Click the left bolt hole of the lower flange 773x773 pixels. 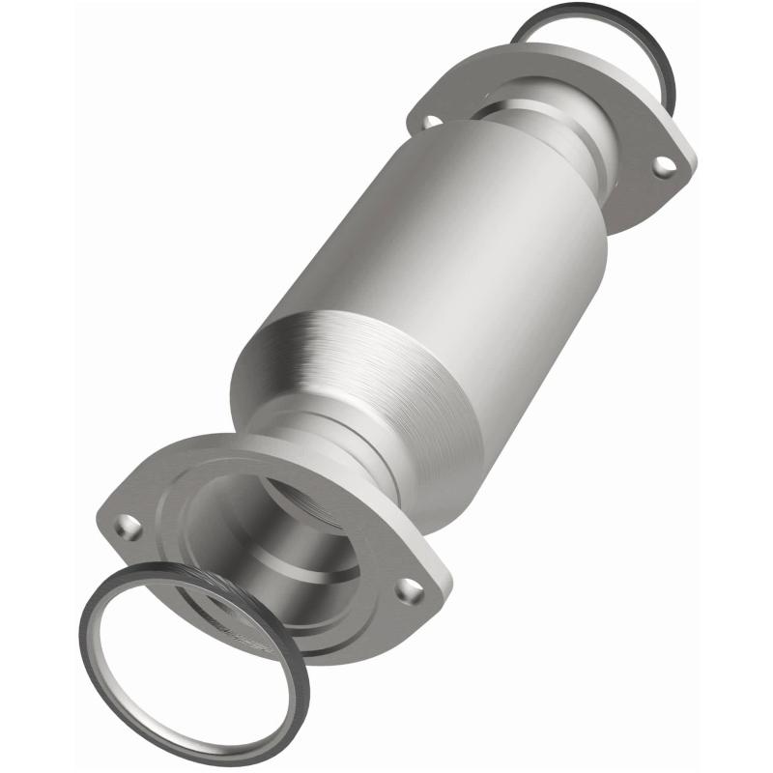(x=126, y=527)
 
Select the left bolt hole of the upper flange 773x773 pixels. (x=426, y=122)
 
